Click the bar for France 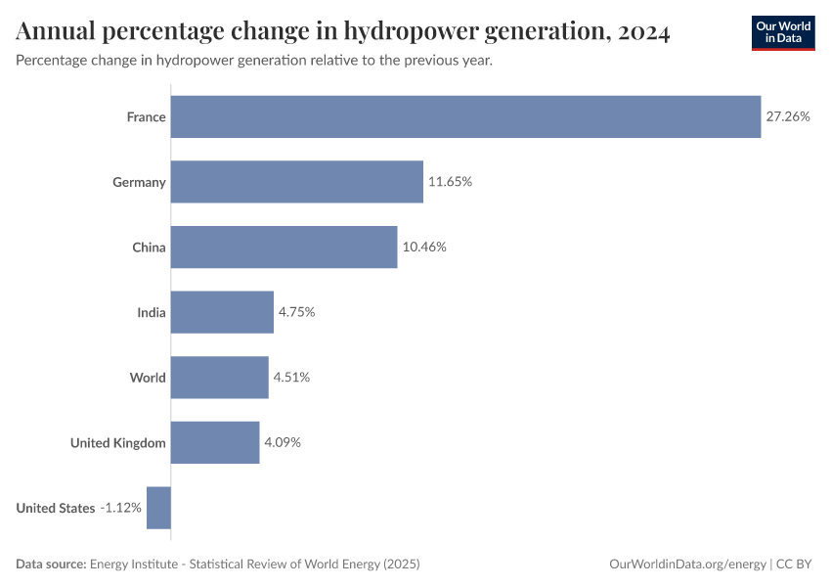coord(465,116)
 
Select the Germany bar coord(297,182)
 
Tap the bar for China coord(284,247)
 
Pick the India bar coord(222,312)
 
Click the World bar coord(219,378)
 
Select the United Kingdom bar coord(215,442)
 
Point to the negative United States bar coord(158,508)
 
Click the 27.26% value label coord(788,116)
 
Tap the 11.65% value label coord(450,182)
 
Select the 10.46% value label coord(424,247)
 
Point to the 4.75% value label coord(297,312)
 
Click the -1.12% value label coord(121,508)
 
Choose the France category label coord(146,116)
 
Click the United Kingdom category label coord(117,442)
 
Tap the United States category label coord(56,508)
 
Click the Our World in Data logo coord(783,32)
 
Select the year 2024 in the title coord(643,32)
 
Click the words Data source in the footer coord(51,564)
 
